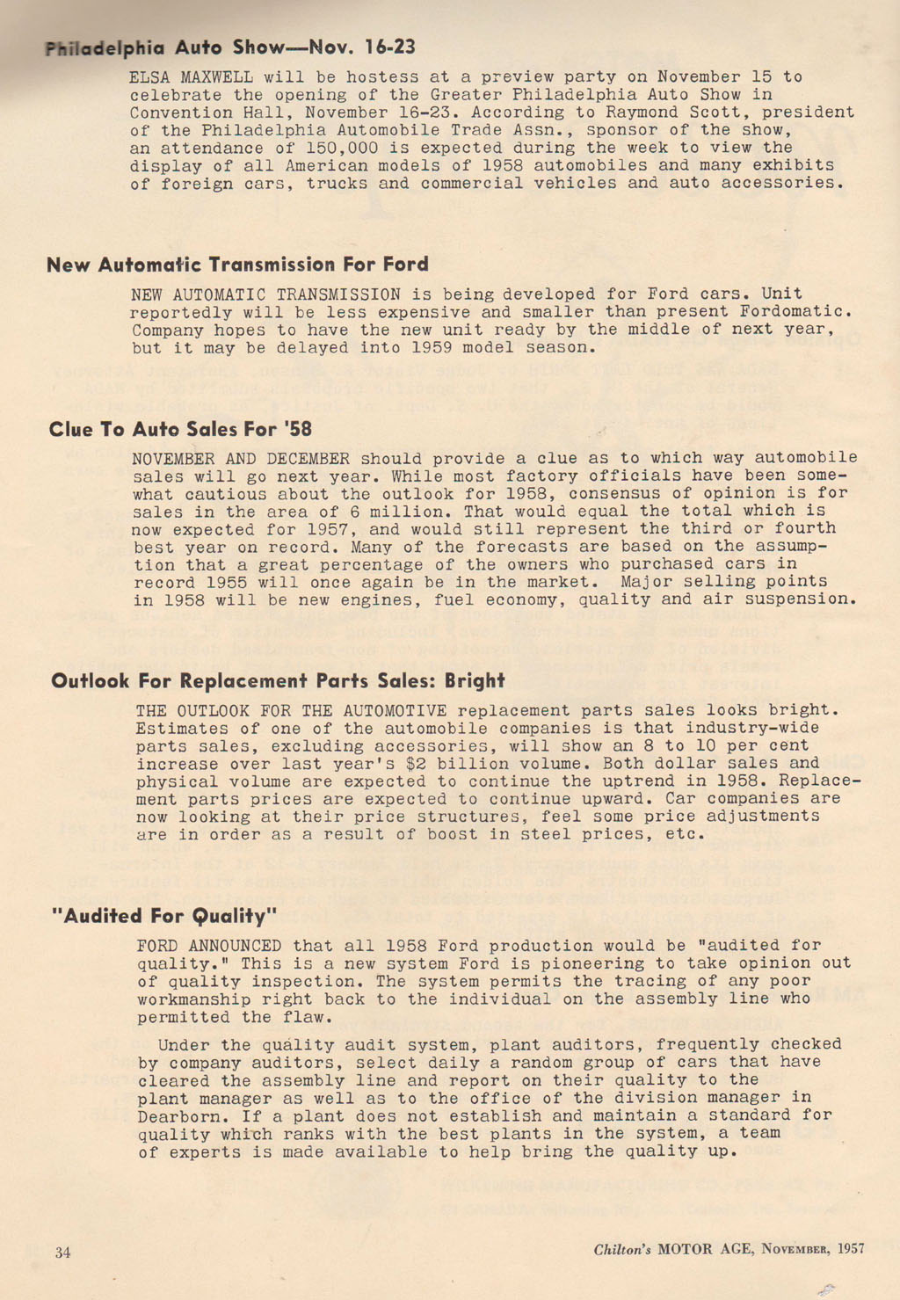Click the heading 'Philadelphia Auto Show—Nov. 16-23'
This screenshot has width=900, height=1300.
(230, 47)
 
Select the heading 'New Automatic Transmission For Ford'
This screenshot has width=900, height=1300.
(237, 265)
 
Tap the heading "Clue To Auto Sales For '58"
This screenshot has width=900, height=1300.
(180, 429)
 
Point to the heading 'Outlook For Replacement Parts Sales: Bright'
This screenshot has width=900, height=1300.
(278, 680)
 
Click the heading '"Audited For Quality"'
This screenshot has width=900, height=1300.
(163, 916)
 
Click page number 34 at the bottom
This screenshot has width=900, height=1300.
(62, 1253)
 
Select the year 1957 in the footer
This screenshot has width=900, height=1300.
(851, 1248)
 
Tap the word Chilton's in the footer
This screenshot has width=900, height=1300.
(622, 1249)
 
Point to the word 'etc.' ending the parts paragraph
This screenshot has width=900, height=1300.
(686, 834)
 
